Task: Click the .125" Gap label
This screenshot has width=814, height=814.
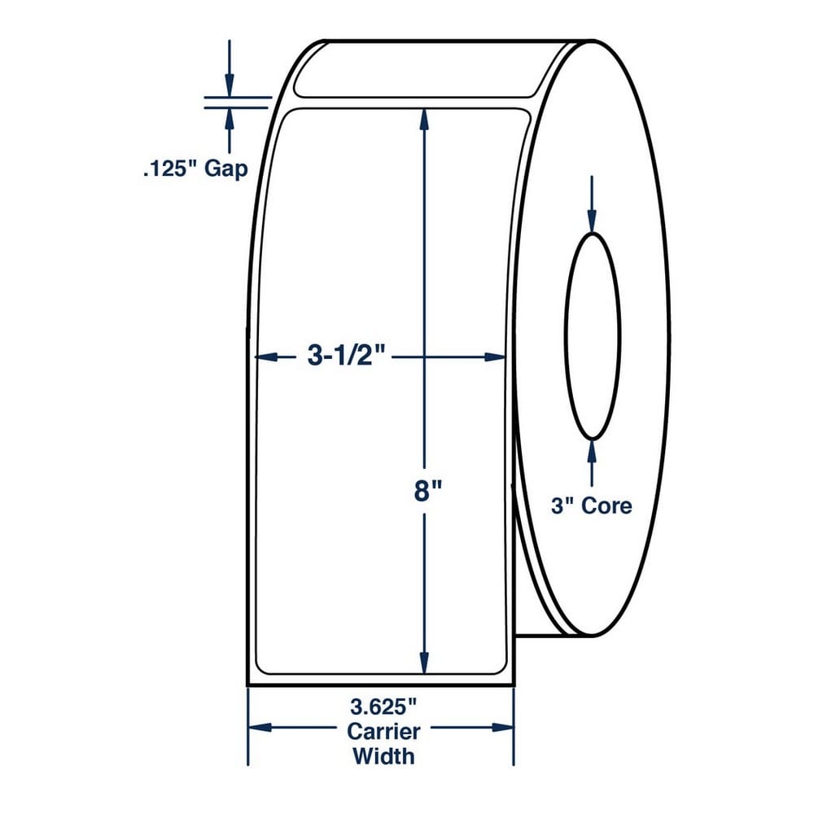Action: pos(195,169)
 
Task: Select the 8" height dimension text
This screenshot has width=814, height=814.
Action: pos(427,491)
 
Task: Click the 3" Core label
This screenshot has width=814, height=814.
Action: pos(591,505)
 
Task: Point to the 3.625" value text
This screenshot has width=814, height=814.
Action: pos(383,707)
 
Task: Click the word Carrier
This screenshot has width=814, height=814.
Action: pos(383,732)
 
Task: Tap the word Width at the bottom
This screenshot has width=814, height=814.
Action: pos(383,756)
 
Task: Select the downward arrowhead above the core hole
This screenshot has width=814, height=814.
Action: pos(592,221)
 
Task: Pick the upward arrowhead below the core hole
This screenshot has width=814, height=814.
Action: pos(592,452)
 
